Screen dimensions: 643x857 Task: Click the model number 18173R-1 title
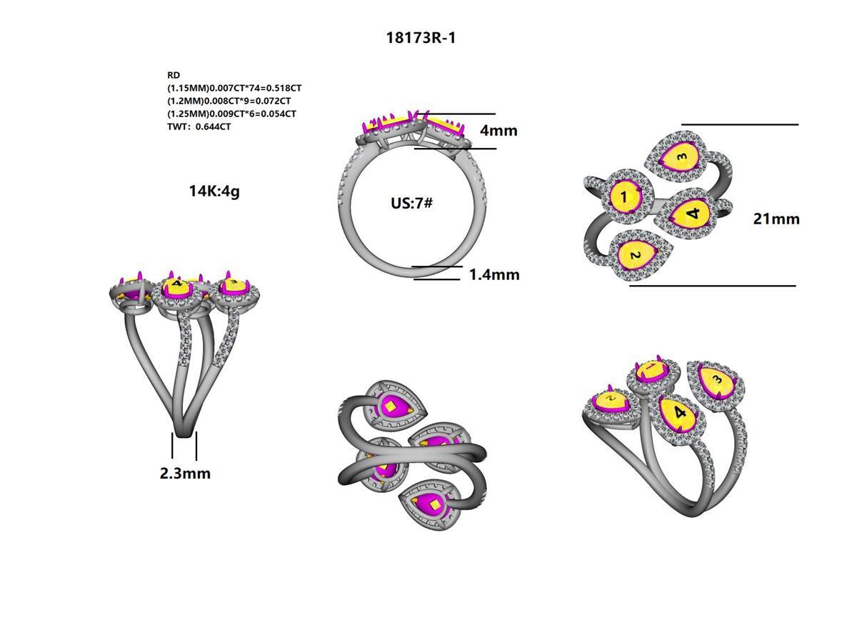(x=421, y=38)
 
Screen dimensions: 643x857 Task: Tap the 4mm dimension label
(x=498, y=131)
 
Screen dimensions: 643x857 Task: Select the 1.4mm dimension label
(x=494, y=274)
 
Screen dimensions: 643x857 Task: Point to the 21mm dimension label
(x=776, y=219)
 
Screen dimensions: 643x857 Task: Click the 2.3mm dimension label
(x=185, y=473)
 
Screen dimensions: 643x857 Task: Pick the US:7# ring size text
(x=411, y=203)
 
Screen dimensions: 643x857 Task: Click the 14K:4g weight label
(x=214, y=191)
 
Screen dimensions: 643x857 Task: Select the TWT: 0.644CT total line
(x=199, y=126)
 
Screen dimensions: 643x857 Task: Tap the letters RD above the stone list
(x=174, y=75)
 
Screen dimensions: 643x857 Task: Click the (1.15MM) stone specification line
(x=234, y=88)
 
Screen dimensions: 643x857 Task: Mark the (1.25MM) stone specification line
(x=231, y=114)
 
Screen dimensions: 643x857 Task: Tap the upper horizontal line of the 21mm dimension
(x=740, y=124)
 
